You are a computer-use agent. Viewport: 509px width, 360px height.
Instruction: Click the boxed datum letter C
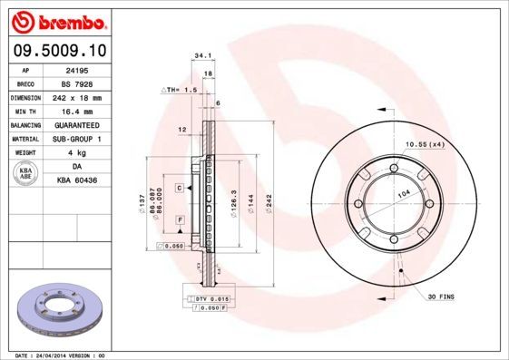(x=180, y=187)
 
